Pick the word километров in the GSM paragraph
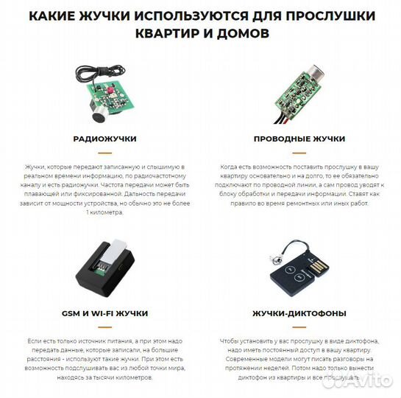(x=129, y=377)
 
